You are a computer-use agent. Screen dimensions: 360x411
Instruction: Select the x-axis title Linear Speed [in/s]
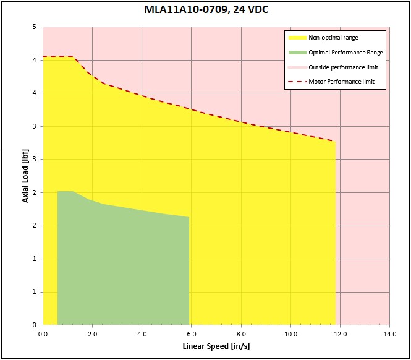pyautogui.click(x=216, y=345)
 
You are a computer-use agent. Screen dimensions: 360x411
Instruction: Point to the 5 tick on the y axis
pyautogui.click(x=35, y=27)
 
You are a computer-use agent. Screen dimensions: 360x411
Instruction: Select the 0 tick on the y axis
pyautogui.click(x=35, y=325)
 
